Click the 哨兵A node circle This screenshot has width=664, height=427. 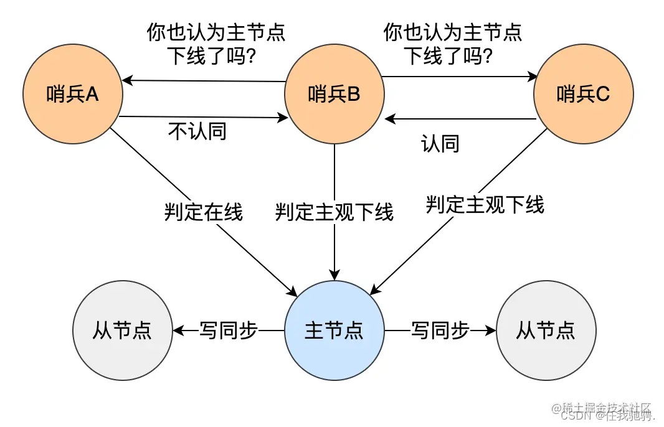click(73, 94)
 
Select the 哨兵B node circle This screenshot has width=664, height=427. click(334, 94)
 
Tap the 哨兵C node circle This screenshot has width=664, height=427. click(584, 94)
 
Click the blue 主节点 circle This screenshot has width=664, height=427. click(334, 331)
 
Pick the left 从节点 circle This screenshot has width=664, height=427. click(123, 331)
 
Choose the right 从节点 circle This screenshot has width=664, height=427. click(546, 331)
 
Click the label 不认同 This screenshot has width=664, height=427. click(197, 131)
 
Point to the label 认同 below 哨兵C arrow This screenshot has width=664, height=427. click(440, 144)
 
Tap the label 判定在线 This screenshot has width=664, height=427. click(204, 212)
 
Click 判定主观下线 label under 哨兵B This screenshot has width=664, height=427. click(334, 212)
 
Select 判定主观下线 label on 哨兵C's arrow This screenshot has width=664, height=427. click(485, 204)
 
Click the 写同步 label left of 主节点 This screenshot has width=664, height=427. click(229, 331)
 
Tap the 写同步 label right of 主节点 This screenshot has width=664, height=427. click(440, 331)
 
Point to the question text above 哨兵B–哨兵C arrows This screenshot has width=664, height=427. click(453, 44)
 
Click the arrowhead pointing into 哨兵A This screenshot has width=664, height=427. click(126, 80)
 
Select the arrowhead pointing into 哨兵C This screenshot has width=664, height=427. click(533, 77)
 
